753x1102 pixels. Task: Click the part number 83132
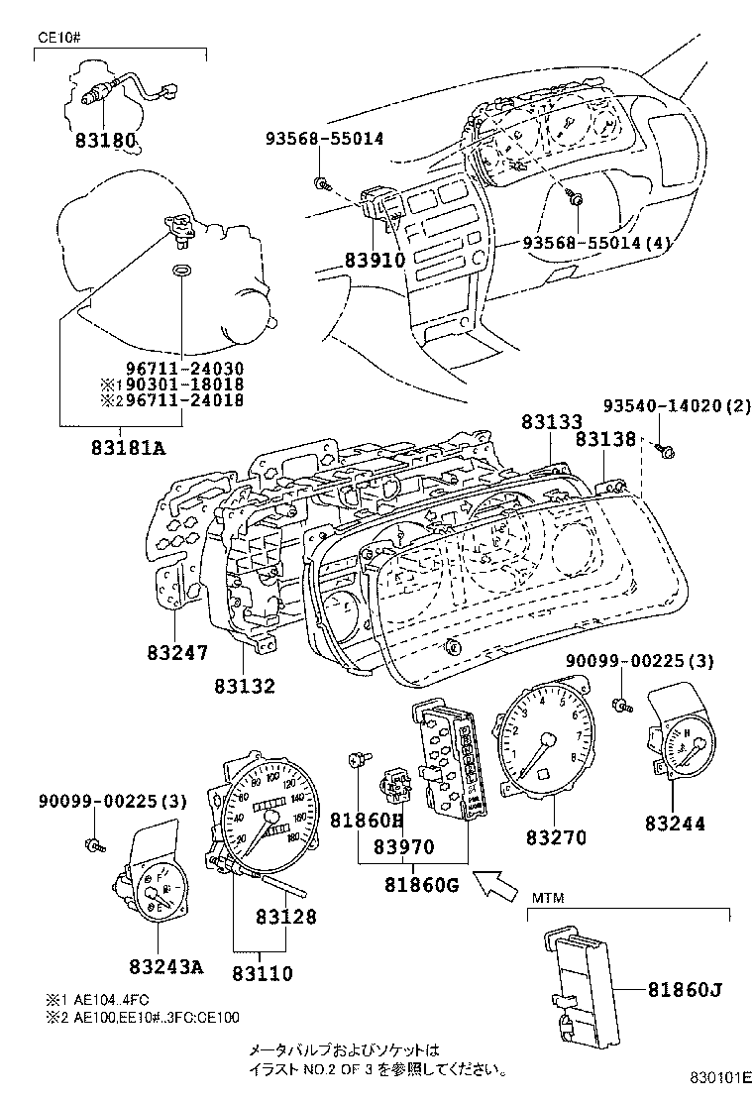243,685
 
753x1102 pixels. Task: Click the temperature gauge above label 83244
682,748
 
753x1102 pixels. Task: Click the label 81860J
685,988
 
